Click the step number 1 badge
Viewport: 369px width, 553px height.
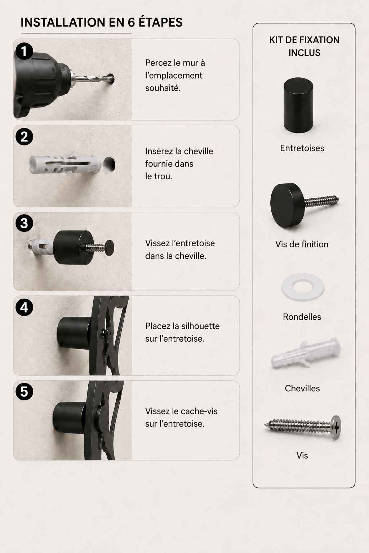coord(24,51)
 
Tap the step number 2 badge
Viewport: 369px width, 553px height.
coord(24,136)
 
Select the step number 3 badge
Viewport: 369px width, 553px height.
coord(24,223)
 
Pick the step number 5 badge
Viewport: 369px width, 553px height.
coord(24,392)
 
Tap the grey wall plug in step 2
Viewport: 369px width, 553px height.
coord(65,164)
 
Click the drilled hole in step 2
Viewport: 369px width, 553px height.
coord(109,165)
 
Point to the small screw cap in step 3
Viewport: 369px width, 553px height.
coord(110,246)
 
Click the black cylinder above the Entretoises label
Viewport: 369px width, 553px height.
coord(298,105)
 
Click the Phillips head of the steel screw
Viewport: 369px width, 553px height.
coord(335,427)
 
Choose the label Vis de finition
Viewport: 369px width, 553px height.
coord(302,244)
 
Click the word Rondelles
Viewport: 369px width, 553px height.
coord(302,317)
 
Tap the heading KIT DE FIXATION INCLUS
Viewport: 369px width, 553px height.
coord(304,46)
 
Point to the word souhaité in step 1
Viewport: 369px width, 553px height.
coord(163,88)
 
